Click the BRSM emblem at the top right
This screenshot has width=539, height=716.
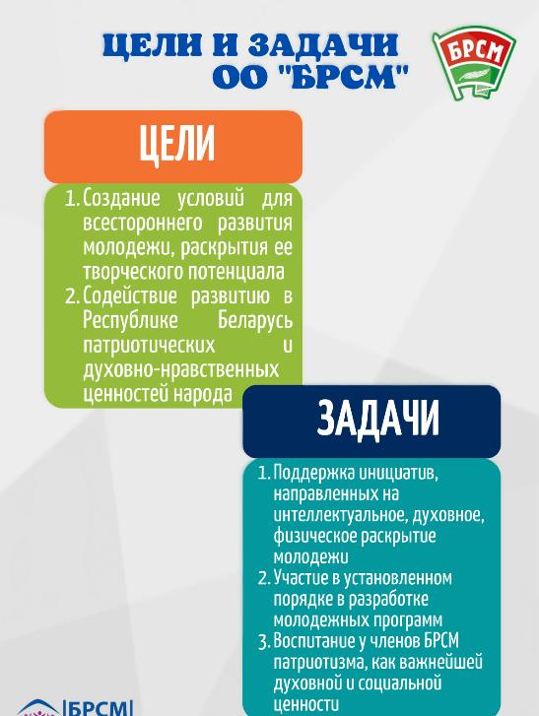click(474, 64)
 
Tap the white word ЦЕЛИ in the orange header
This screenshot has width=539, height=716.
click(176, 146)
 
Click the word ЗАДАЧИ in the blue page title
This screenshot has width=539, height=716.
click(323, 45)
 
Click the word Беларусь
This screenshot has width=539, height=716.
click(255, 320)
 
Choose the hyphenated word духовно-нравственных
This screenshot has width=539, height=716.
click(180, 369)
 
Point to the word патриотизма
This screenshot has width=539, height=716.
click(322, 662)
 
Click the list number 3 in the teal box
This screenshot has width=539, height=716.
click(264, 642)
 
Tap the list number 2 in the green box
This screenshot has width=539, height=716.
click(71, 296)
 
